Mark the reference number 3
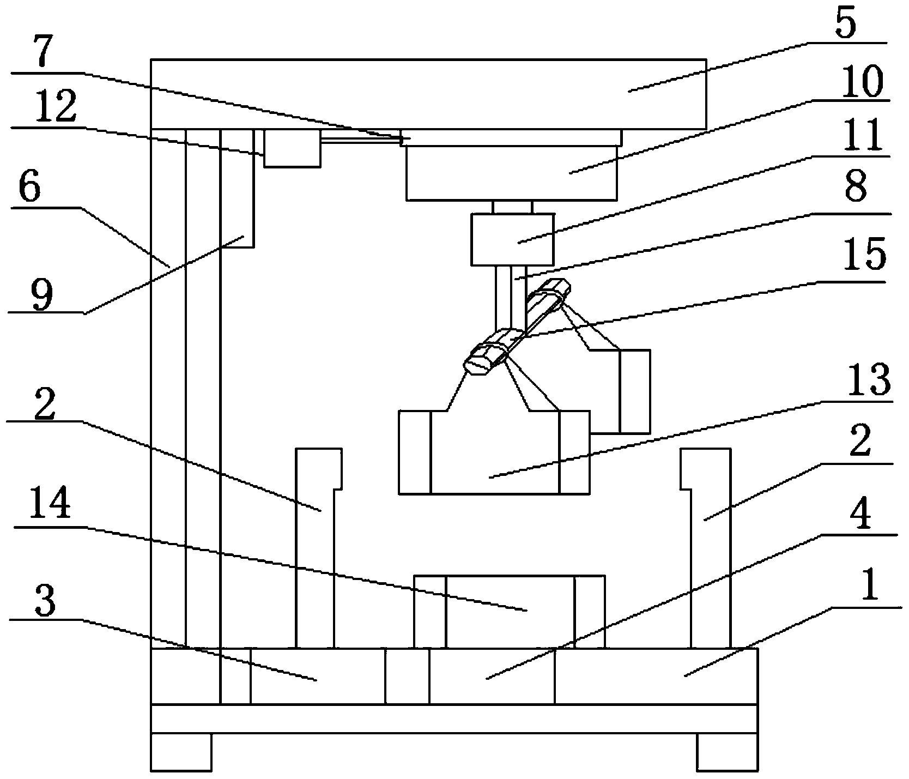tap(46, 601)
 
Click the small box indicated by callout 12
tap(292, 148)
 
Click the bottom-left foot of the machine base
tap(180, 752)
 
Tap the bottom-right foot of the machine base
tap(727, 752)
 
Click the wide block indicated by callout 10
tap(512, 172)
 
